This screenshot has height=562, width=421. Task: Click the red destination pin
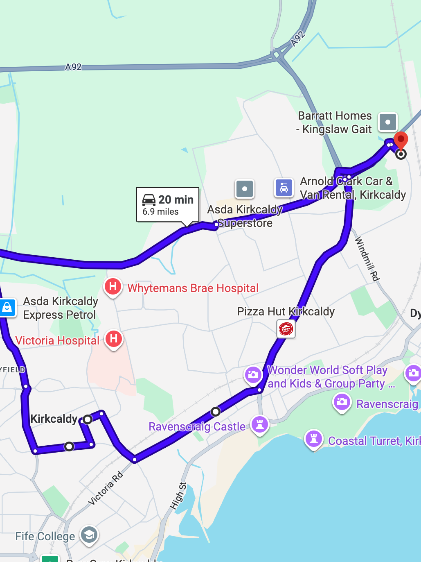click(401, 140)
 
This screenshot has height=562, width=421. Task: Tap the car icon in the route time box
click(149, 200)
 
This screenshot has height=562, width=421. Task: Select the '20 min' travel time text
click(176, 199)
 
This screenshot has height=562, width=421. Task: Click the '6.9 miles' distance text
click(160, 212)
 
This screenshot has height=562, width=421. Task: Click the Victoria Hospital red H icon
click(114, 339)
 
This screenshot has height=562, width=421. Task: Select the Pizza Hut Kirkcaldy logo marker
click(286, 329)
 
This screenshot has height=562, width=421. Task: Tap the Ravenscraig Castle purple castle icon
click(259, 425)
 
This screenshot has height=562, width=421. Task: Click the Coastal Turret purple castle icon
click(314, 439)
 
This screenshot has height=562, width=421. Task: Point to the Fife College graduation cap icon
click(89, 535)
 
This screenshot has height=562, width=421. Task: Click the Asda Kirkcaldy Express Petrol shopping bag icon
click(7, 308)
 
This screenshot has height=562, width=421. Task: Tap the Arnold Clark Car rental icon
click(284, 188)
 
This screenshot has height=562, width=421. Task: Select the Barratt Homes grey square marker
click(387, 122)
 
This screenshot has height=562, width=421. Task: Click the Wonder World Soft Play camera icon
click(253, 374)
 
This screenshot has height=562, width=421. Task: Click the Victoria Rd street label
click(105, 488)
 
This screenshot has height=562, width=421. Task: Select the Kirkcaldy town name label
click(54, 419)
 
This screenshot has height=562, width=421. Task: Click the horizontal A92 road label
click(73, 67)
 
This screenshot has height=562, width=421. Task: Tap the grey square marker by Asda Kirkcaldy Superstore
click(245, 189)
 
